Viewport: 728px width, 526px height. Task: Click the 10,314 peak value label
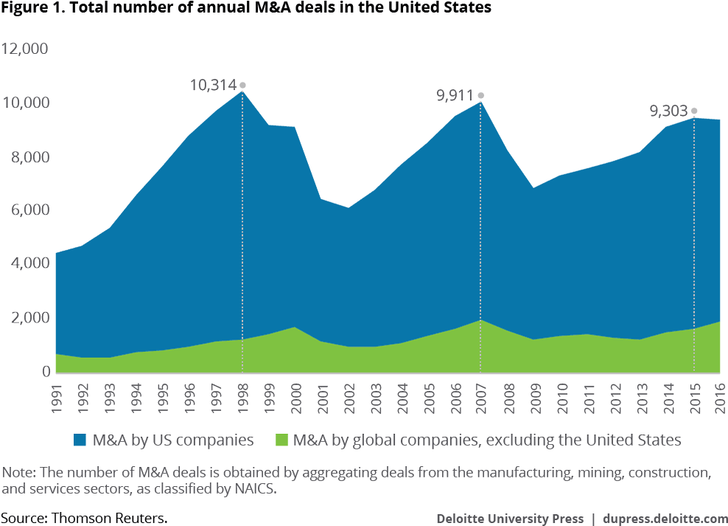(x=213, y=85)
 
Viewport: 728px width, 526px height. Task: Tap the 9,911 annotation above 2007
(x=454, y=95)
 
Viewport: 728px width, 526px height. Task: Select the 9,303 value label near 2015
(x=668, y=111)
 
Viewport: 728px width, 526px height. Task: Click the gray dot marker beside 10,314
(x=242, y=86)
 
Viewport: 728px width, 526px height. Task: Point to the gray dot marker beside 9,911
(x=481, y=95)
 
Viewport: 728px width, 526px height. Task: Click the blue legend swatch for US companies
(x=79, y=440)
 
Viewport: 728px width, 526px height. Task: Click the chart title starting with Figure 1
(x=245, y=8)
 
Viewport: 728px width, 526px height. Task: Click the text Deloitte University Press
(x=510, y=518)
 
